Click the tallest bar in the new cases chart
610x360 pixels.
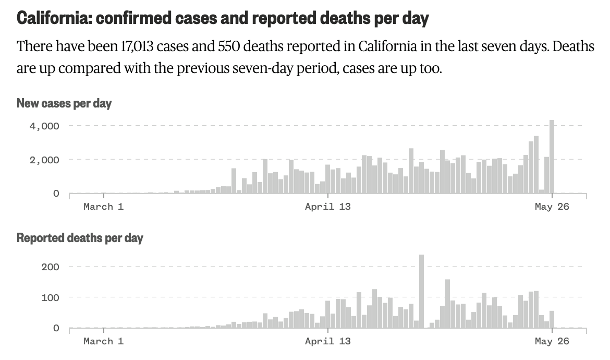tap(552, 157)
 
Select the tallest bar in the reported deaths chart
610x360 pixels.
tap(421, 291)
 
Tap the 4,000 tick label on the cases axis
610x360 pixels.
tap(44, 126)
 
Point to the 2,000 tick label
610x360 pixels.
tap(44, 160)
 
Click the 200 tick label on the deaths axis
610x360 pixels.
tap(51, 267)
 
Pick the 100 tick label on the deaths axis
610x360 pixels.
tap(51, 298)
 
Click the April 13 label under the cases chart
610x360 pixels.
tap(328, 207)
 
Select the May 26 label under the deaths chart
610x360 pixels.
tap(552, 341)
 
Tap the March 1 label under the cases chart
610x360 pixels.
tap(103, 207)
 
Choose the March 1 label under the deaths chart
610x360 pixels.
tap(103, 341)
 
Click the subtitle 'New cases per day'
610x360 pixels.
tap(64, 103)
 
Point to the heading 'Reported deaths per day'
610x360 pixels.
tap(80, 238)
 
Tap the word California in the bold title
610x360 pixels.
tap(53, 18)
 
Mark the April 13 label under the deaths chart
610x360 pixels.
tap(328, 341)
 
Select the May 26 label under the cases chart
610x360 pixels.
tap(552, 207)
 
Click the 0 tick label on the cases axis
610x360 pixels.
tap(56, 194)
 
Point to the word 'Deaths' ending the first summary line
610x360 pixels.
tap(574, 46)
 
